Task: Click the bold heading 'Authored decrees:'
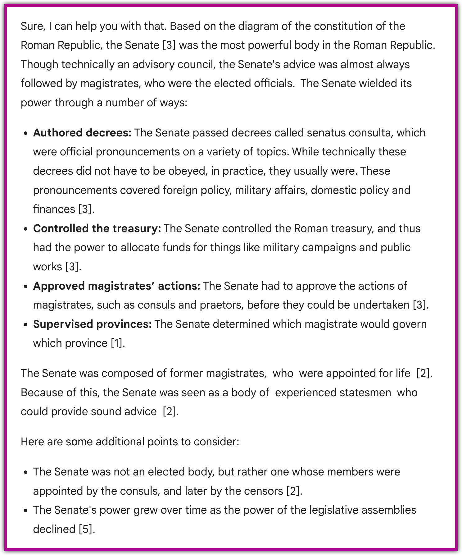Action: pyautogui.click(x=82, y=133)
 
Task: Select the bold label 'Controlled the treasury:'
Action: pyautogui.click(x=97, y=228)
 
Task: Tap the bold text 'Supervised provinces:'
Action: pyautogui.click(x=92, y=324)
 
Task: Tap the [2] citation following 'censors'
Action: pyautogui.click(x=293, y=491)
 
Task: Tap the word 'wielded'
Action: pyautogui.click(x=374, y=83)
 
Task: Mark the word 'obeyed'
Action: pyautogui.click(x=188, y=171)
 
